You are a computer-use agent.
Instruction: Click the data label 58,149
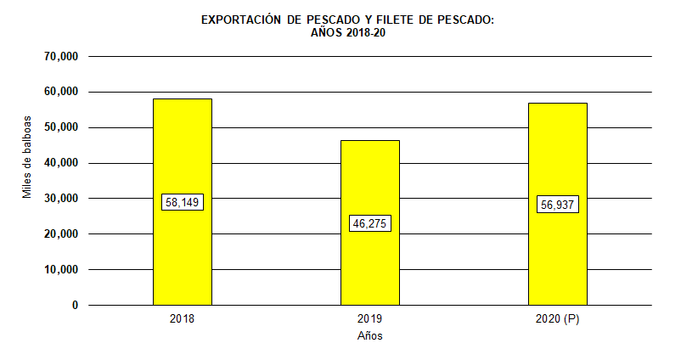[183, 202]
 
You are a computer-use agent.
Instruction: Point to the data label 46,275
[370, 224]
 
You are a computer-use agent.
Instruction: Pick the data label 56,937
[558, 205]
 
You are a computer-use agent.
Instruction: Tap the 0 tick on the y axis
[75, 306]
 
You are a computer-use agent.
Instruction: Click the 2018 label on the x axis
[183, 319]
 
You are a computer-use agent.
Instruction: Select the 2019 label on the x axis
[370, 319]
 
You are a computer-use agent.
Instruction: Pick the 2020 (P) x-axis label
[558, 319]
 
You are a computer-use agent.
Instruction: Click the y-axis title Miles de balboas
[27, 157]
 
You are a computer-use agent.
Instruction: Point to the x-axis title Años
[370, 336]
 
